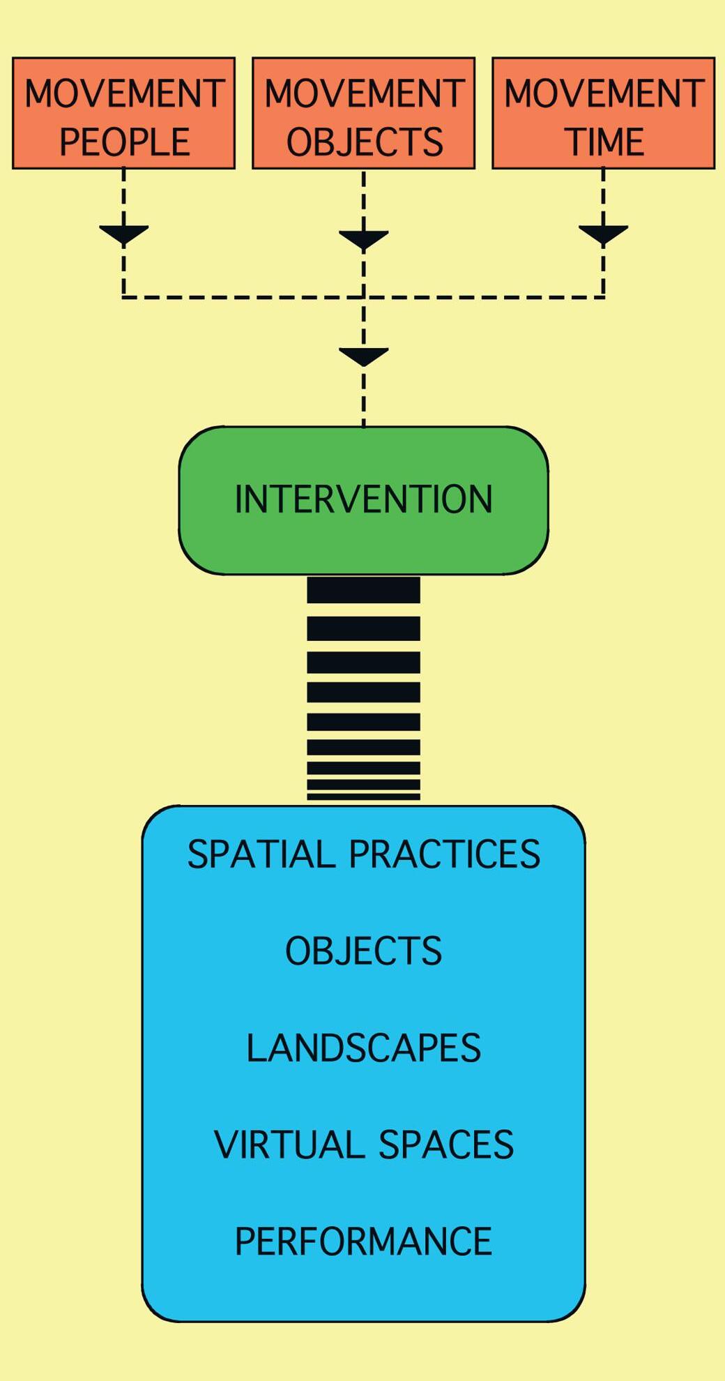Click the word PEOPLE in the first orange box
pos(124,142)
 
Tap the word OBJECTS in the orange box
pos(365,142)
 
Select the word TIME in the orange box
pos(604,142)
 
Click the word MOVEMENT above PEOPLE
pos(124,93)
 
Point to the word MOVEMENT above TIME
pos(604,93)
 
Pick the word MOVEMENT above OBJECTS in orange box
pos(365,93)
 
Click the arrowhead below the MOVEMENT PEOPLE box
pos(123,234)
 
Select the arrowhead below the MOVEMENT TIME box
pos(604,234)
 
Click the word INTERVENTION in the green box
pos(364,499)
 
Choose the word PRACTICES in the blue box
pos(445,854)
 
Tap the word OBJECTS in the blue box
pos(364,951)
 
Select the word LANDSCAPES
pos(364,1048)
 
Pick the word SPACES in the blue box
pos(446,1145)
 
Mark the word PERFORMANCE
pos(364,1242)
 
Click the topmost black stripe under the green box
pos(364,589)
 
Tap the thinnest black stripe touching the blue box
pos(364,797)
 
